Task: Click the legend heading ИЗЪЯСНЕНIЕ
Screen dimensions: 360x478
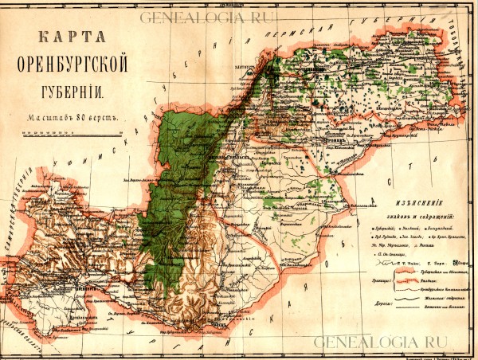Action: [414, 203]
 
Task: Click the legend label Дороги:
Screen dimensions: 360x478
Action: [384, 304]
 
